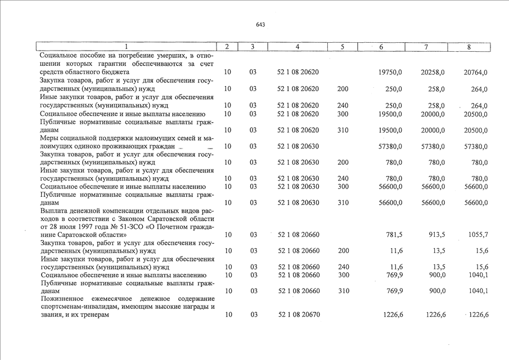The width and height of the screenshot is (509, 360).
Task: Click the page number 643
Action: tap(260, 25)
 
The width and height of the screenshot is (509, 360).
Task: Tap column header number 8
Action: tap(469, 47)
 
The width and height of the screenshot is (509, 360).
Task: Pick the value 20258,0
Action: tap(433, 73)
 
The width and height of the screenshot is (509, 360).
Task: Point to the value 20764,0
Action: tap(475, 73)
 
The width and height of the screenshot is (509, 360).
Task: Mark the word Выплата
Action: tap(55, 210)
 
